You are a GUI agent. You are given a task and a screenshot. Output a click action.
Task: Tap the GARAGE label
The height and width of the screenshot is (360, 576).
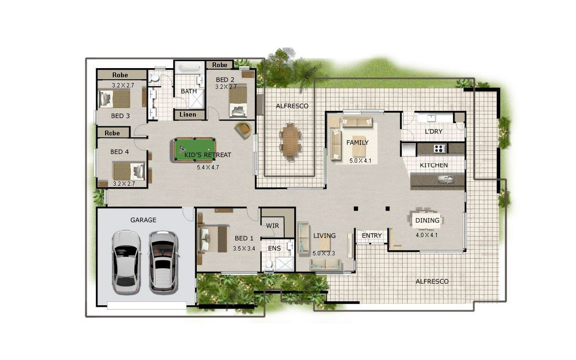point(143,220)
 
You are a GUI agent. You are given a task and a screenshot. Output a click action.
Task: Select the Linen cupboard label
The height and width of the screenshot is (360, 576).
point(188,114)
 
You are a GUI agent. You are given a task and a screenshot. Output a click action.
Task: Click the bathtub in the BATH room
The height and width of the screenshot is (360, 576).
point(190,68)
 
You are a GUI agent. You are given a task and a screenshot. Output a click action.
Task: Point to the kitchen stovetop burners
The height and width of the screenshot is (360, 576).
point(440,148)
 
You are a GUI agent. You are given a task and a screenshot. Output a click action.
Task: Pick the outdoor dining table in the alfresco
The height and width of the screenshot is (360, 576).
point(290,142)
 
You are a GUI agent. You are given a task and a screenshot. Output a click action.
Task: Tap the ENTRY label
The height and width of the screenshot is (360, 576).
point(372,236)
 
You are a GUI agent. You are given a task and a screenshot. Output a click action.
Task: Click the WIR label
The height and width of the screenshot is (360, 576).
point(272,226)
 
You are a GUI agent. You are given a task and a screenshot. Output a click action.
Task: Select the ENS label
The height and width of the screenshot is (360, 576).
point(274,249)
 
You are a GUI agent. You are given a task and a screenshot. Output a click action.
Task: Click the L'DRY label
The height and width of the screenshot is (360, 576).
point(433,132)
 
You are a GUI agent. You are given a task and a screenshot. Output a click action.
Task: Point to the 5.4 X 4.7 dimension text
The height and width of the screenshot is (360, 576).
point(208,168)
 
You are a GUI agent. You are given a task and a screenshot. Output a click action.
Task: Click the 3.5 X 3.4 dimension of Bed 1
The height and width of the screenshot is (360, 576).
point(244,249)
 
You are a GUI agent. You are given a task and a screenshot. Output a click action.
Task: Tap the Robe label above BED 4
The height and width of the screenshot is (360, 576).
point(112,133)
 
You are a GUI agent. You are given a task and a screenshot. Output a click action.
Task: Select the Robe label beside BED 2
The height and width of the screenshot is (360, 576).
point(220,65)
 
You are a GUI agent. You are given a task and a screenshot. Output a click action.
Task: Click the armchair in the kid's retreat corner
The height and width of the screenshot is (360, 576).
point(243,130)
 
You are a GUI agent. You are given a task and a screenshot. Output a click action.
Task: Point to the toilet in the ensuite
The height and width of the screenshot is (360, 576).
point(269,264)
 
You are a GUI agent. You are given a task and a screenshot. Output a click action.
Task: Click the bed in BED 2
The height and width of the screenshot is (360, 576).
point(238,102)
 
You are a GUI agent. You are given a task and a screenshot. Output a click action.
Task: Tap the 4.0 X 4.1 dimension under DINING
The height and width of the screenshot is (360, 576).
point(427,235)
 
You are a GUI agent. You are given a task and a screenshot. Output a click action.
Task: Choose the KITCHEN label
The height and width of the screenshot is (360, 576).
point(434,165)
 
